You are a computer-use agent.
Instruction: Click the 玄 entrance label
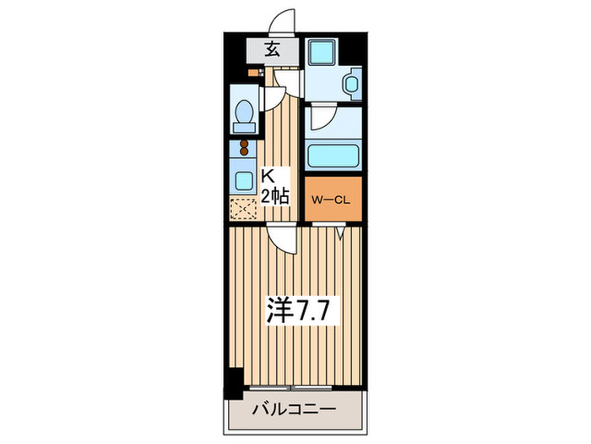tap(272, 50)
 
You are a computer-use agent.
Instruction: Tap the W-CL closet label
tap(332, 200)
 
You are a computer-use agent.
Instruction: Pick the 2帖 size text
tap(275, 197)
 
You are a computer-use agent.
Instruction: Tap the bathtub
tap(333, 156)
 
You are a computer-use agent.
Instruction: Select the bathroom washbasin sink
tap(351, 85)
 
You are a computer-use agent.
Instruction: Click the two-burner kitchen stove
tap(244, 150)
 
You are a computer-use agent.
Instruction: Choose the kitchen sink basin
tap(244, 179)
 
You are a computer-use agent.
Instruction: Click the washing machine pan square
tap(321, 52)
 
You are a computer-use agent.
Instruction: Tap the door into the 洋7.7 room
tap(283, 238)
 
